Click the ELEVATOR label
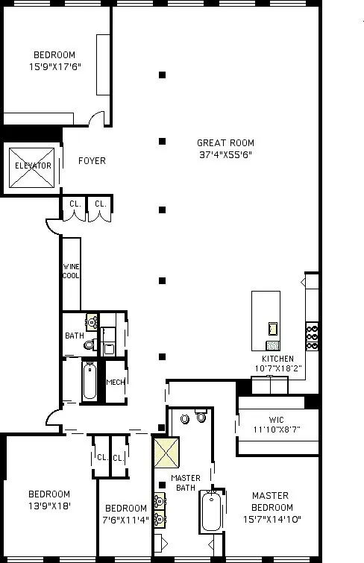(x=33, y=166)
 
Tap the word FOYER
(x=92, y=161)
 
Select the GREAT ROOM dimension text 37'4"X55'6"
(x=225, y=154)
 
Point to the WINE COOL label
(x=71, y=270)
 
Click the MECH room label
(x=115, y=383)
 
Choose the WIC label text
(x=277, y=420)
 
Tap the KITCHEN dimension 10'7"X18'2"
(x=277, y=368)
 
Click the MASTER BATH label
(x=185, y=483)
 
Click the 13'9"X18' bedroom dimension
(x=49, y=506)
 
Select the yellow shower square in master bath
(x=164, y=452)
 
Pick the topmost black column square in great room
(x=162, y=75)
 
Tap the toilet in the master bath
(x=200, y=416)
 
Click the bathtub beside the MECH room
(x=90, y=380)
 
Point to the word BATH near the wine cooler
(x=75, y=336)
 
